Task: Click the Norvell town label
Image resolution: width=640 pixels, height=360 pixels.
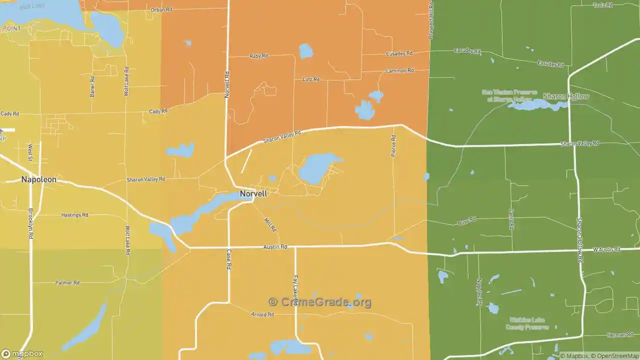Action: (x=253, y=194)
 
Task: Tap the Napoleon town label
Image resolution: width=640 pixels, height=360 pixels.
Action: (x=38, y=179)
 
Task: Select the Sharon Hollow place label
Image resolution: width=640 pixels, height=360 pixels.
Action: (x=566, y=96)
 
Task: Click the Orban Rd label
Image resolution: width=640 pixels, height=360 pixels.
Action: (x=161, y=10)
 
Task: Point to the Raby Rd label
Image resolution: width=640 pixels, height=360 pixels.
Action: (x=258, y=56)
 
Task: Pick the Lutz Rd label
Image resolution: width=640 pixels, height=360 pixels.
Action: (x=310, y=79)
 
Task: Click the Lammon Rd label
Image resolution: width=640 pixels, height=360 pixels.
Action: (x=399, y=71)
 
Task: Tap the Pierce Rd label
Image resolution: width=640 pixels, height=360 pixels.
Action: (x=393, y=146)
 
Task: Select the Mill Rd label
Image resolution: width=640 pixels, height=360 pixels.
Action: (x=270, y=224)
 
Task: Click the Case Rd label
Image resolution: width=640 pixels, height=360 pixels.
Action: (x=228, y=259)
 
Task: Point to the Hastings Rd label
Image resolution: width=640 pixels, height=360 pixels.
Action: (x=74, y=215)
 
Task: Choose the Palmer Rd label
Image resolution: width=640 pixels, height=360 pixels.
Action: (x=67, y=283)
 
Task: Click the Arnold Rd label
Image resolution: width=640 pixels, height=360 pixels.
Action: (x=262, y=314)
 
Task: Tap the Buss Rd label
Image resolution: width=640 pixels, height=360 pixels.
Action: (x=466, y=221)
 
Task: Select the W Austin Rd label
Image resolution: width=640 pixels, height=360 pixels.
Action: (x=606, y=249)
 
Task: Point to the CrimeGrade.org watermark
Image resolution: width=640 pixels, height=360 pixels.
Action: (x=320, y=302)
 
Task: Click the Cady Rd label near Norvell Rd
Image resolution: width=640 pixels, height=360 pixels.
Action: (x=158, y=111)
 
